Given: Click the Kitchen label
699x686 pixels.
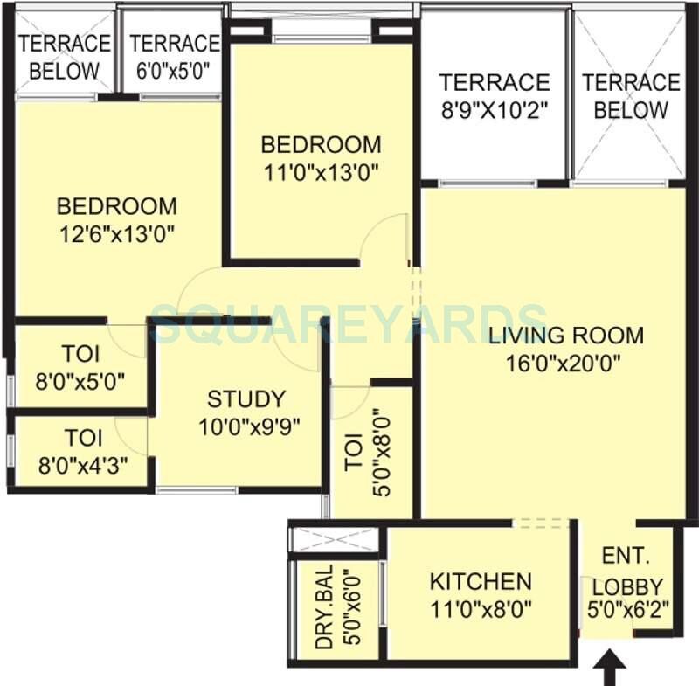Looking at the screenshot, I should coord(480,581).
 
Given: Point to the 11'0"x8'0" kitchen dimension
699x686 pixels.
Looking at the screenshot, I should coord(480,606).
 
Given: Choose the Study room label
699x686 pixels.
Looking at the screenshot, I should coord(246,399).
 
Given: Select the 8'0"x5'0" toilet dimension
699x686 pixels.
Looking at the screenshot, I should coord(80,380).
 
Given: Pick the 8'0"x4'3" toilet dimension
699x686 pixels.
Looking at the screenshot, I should coord(80,462).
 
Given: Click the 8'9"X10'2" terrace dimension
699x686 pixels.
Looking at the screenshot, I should coord(495,109).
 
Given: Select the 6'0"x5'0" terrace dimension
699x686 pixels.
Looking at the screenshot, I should coord(174,69).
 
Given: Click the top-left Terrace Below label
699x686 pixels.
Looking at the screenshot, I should coord(65,57).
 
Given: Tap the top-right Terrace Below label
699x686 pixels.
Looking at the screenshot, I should coord(631,96).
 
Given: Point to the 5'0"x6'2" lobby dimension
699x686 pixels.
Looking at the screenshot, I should coord(631,611).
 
